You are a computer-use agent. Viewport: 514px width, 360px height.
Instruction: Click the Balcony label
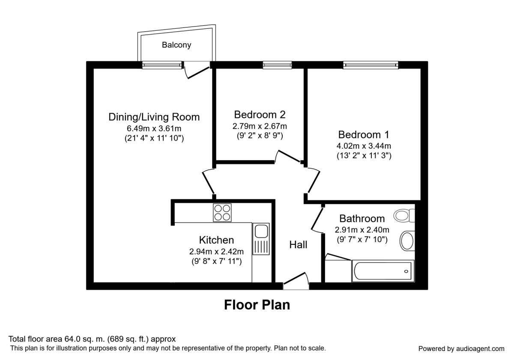coord(176,45)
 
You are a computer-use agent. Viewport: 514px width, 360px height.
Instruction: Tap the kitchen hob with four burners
coord(222,213)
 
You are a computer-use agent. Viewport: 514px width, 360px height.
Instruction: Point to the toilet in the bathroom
coord(404,215)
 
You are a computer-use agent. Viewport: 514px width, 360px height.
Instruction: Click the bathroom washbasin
coord(407,241)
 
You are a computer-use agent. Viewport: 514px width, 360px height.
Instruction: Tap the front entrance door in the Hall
coord(295,279)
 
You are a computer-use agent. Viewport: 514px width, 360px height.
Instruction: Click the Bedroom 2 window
coord(277,65)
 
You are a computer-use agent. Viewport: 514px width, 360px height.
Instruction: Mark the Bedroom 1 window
coord(371,65)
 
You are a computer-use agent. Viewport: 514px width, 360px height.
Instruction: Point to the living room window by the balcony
coord(162,65)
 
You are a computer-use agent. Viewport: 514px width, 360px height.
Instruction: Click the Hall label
coord(298,245)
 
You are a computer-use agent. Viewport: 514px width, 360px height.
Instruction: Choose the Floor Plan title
coord(257,305)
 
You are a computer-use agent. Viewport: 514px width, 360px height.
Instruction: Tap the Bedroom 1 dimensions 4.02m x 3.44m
coord(364,146)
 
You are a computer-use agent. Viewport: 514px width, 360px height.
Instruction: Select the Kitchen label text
coord(216,240)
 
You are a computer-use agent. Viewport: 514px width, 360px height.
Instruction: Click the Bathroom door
coord(317,219)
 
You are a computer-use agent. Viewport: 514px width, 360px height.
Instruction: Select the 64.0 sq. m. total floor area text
coord(92,339)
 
